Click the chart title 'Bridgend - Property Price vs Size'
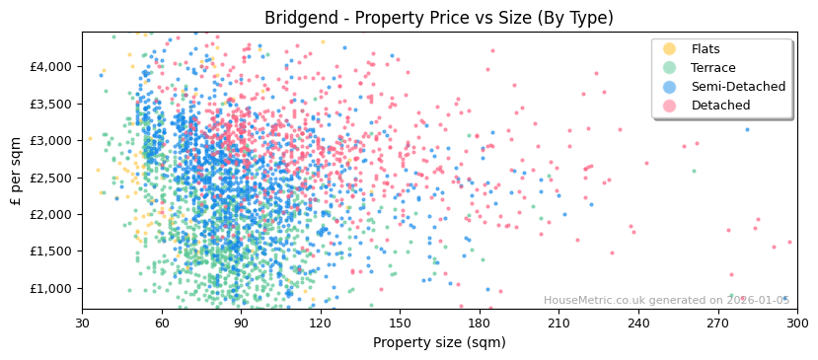tap(439, 18)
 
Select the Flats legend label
tap(706, 49)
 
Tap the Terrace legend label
tap(712, 68)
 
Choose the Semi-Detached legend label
tap(738, 87)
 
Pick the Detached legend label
tap(720, 106)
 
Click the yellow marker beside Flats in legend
tap(670, 49)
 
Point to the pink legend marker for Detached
tap(670, 106)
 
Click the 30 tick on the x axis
tap(82, 323)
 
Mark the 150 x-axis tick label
tap(400, 323)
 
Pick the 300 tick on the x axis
tap(796, 323)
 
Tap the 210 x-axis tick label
tap(558, 323)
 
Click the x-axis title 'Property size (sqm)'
tap(439, 343)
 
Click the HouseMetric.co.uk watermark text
tap(667, 301)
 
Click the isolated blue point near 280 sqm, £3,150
tap(747, 129)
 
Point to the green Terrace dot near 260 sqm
tap(694, 171)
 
